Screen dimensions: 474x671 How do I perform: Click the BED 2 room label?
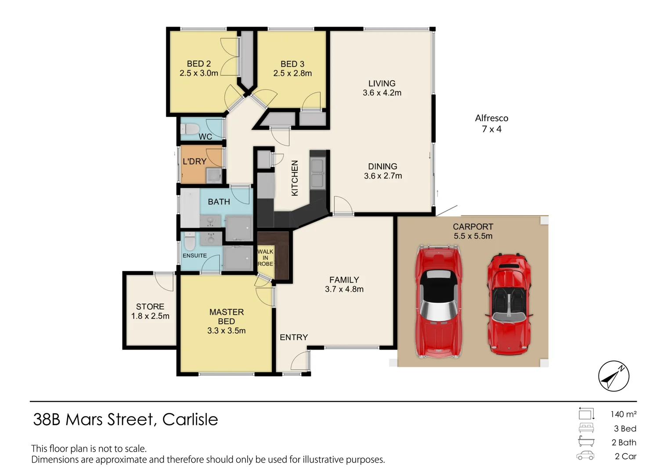click(x=198, y=64)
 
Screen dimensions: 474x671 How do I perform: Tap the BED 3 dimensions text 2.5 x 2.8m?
click(x=292, y=74)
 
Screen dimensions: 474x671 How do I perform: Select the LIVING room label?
click(x=382, y=83)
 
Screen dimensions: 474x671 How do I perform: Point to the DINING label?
click(x=382, y=166)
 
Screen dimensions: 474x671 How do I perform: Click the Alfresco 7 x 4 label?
click(x=491, y=123)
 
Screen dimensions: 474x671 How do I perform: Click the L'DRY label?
click(x=194, y=162)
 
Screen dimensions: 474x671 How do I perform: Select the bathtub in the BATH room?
click(x=190, y=208)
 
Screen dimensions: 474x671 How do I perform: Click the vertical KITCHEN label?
click(x=295, y=178)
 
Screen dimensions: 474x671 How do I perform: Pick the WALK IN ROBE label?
click(x=265, y=258)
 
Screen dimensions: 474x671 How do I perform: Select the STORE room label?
click(x=150, y=306)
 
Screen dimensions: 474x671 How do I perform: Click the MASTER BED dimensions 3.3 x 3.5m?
click(x=226, y=331)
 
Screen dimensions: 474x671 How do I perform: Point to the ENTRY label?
click(x=294, y=337)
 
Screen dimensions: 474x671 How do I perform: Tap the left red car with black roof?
click(x=438, y=302)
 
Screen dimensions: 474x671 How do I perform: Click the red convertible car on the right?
click(x=509, y=304)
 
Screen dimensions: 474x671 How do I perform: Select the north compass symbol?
click(x=613, y=376)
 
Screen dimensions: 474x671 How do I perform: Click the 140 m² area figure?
click(x=623, y=414)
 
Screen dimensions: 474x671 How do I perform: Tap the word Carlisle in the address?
click(x=190, y=420)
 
